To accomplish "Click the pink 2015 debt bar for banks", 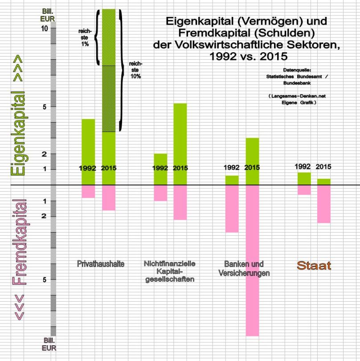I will (x=252, y=260).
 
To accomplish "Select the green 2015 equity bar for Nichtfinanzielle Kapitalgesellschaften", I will (x=180, y=144).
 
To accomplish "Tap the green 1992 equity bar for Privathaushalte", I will (x=88, y=152).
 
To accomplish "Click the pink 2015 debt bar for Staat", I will (x=323, y=204).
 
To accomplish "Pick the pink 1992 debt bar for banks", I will (x=232, y=209).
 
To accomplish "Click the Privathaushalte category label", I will (x=101, y=264).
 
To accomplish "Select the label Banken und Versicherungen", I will (x=244, y=268).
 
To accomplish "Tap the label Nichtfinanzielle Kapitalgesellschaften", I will (x=172, y=271).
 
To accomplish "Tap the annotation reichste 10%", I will (x=135, y=70).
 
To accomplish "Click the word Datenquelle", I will (x=297, y=70).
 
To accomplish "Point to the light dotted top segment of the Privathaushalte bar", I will (x=109, y=37).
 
